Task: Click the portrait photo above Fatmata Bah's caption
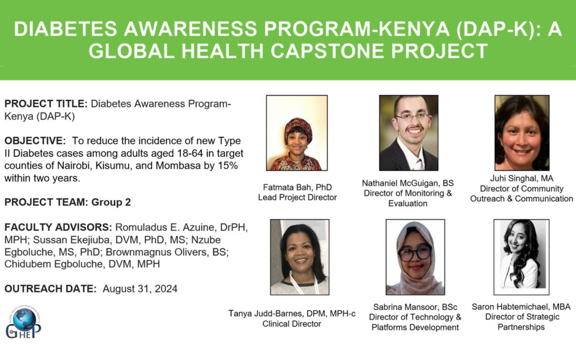click(297, 133)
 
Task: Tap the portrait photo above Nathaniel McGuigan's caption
click(408, 133)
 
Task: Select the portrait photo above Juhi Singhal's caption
click(521, 133)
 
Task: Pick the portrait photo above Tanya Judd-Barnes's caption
click(299, 257)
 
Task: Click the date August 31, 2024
click(139, 288)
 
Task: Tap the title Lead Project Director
click(297, 197)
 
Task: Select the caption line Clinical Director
click(292, 324)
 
